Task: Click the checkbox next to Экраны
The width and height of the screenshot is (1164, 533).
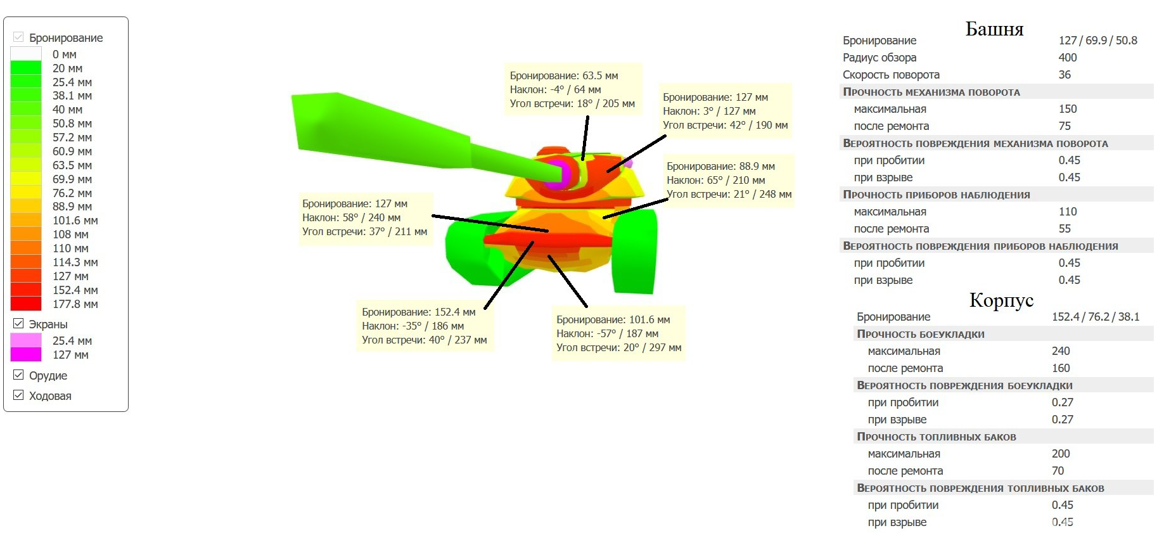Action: pos(18,324)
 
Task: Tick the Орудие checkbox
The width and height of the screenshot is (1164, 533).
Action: pos(18,375)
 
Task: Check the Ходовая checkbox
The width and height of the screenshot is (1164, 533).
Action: pos(18,395)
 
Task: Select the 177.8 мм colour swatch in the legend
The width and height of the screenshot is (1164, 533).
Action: pos(26,304)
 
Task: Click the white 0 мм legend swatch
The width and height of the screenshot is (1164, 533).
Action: pos(26,55)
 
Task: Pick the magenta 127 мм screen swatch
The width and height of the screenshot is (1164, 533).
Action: pos(26,355)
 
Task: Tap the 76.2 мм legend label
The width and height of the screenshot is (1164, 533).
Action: pos(72,193)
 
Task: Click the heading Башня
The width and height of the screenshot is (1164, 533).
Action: pos(994,29)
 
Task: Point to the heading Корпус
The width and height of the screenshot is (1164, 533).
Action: pos(1001,300)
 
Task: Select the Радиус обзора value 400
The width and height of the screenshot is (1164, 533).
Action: pos(1068,58)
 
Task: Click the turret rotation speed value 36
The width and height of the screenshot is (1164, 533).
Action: pos(1065,75)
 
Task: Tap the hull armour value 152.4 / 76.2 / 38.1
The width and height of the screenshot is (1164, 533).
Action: pos(1096,317)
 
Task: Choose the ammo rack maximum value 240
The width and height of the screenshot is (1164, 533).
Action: pos(1061,351)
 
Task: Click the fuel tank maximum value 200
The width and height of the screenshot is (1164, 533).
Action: pos(1061,454)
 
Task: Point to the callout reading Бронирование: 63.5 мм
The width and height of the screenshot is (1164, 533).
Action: pos(572,89)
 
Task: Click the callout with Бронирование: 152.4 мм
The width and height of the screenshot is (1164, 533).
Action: pos(424,326)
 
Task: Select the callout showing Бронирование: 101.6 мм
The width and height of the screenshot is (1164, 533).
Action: pos(618,333)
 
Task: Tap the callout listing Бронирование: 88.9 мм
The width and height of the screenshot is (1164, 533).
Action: pos(729,180)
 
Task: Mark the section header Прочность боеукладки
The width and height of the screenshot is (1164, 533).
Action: pos(920,334)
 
